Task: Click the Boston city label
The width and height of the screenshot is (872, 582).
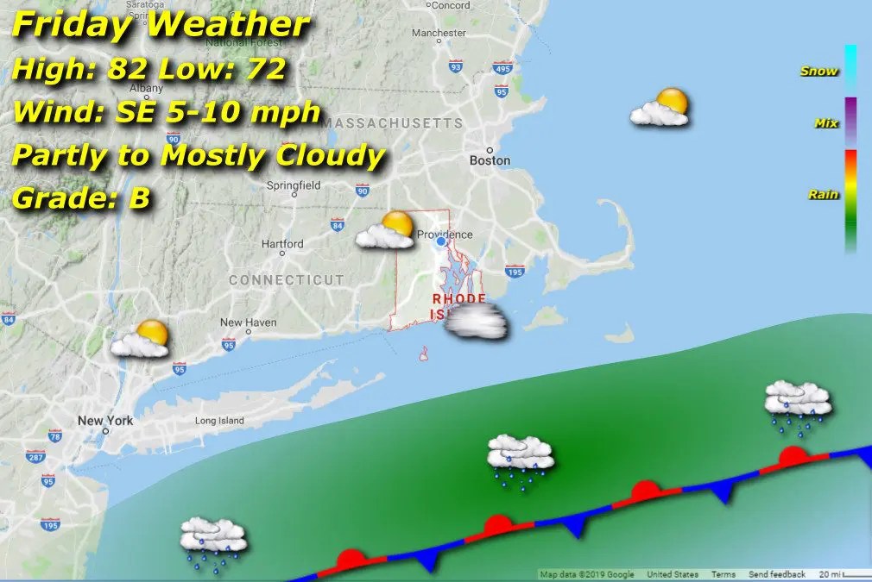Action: coord(490,160)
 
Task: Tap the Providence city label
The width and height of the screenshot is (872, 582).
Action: coord(445,235)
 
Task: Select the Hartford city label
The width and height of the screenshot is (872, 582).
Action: coord(282,244)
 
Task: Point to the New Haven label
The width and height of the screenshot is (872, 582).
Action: coord(248,322)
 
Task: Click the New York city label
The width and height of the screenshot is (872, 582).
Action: coord(105,421)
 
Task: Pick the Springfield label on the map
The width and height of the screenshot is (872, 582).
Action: coord(294,185)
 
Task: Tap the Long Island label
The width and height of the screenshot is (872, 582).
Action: coord(219,421)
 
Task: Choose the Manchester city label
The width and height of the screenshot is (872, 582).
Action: coord(439,34)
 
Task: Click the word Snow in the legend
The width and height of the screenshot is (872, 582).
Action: coord(818,72)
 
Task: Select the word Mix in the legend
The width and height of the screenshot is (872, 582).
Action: coord(826,123)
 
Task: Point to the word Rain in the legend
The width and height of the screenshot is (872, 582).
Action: coord(823,195)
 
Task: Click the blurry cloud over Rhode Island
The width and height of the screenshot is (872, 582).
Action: coord(476,321)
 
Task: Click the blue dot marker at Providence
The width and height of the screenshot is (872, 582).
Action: coord(441,242)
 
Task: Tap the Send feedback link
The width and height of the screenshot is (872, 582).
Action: coord(776,574)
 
